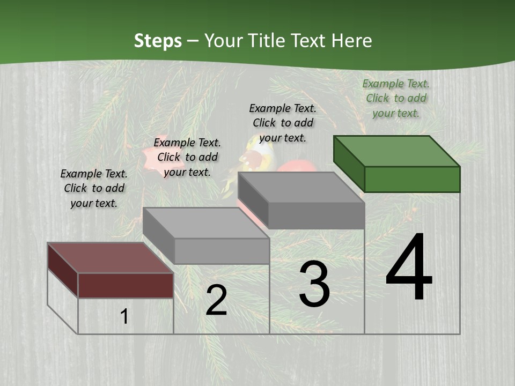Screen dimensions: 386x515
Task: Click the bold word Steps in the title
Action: click(158, 41)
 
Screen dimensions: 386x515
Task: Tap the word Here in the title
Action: click(351, 41)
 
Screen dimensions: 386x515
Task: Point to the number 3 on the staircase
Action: click(314, 284)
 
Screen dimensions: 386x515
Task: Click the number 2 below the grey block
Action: click(216, 300)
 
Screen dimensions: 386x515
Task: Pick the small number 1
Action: click(124, 316)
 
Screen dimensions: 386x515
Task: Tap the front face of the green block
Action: click(412, 179)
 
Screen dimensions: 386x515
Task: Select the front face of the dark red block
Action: click(126, 285)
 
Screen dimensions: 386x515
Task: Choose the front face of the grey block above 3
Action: click(317, 216)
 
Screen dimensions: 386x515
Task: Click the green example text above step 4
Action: click(396, 98)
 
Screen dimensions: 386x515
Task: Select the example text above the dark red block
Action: click(94, 188)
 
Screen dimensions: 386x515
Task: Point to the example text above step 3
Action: click(283, 123)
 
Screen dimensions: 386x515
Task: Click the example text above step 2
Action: click(187, 157)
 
